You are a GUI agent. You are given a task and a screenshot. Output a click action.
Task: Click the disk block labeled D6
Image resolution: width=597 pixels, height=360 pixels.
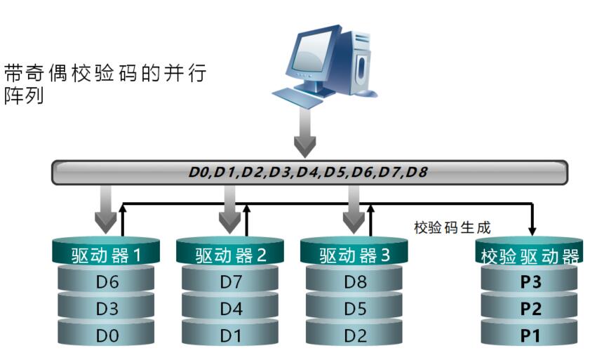click(x=107, y=282)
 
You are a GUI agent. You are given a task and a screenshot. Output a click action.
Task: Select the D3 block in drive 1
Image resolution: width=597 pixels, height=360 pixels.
click(x=107, y=309)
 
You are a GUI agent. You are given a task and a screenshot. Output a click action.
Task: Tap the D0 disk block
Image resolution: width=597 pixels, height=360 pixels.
click(x=107, y=335)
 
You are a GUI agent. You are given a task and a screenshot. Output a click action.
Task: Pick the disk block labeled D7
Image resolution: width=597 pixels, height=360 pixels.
click(x=231, y=282)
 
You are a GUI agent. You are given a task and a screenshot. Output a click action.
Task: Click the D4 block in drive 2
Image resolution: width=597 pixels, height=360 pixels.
click(x=231, y=309)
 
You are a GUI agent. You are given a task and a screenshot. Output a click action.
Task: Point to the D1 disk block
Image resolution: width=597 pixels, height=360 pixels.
click(x=231, y=335)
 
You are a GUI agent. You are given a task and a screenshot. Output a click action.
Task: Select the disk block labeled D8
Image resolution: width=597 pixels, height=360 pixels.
click(x=355, y=282)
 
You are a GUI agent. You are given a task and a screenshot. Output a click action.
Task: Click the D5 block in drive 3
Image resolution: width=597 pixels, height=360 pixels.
click(x=355, y=309)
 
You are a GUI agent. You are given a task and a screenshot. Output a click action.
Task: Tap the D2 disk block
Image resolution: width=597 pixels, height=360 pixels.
click(x=355, y=335)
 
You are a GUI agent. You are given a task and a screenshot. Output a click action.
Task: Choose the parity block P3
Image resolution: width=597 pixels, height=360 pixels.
click(x=530, y=282)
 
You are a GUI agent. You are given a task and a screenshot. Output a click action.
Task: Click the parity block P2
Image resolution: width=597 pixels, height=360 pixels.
click(x=530, y=309)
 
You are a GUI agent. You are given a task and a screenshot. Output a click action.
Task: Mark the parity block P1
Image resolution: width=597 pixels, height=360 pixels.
click(x=530, y=335)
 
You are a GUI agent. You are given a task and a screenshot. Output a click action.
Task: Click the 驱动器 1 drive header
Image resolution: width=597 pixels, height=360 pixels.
click(x=107, y=255)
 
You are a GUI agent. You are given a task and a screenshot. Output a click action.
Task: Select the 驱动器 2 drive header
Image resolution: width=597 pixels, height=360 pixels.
click(x=231, y=255)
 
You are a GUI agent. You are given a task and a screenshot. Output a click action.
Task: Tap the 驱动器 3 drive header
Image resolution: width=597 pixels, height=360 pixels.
click(x=355, y=255)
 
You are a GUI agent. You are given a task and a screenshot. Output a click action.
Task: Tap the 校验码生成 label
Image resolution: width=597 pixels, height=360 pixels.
click(x=452, y=227)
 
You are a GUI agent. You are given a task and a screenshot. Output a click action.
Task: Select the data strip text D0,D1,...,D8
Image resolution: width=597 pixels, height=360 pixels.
click(x=309, y=173)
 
